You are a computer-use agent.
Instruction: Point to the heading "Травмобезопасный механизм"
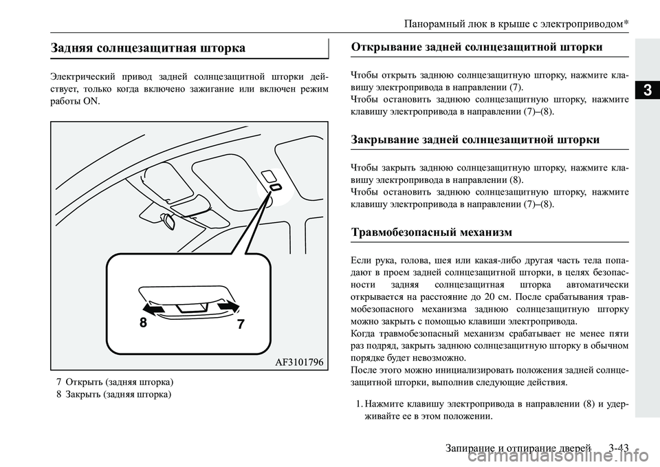tap(431, 232)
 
